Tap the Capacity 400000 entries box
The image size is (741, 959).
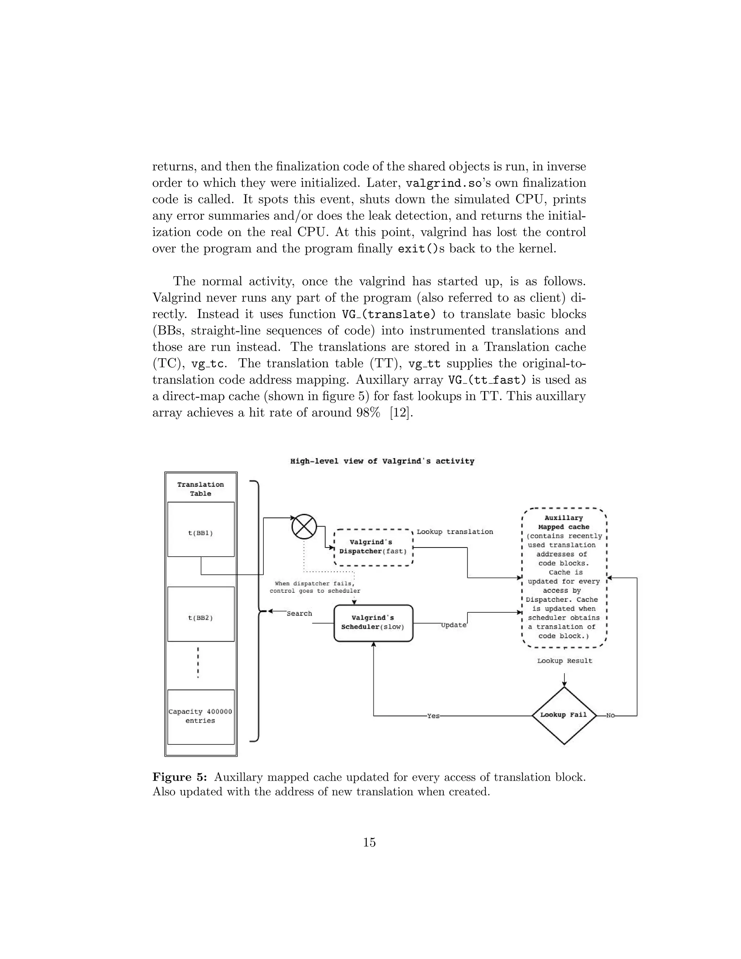point(200,716)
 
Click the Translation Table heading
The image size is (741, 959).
point(200,489)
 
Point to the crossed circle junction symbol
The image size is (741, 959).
point(304,527)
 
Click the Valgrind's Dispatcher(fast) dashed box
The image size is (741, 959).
point(373,547)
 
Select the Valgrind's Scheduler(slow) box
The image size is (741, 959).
point(373,623)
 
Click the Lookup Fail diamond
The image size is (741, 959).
point(564,715)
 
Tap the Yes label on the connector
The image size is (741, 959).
point(433,716)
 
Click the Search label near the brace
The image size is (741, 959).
point(299,613)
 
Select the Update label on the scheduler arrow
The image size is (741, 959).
point(454,625)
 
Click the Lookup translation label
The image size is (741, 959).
point(455,532)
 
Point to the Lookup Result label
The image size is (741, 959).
point(564,661)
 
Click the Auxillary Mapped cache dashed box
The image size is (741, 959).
point(564,578)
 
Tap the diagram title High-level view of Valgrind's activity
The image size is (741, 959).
point(382,461)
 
